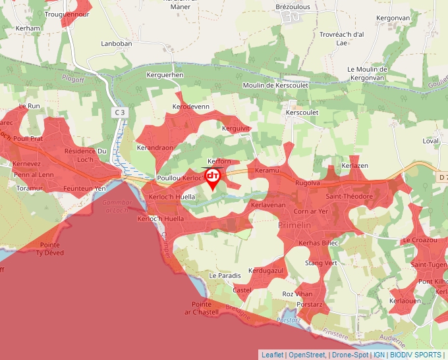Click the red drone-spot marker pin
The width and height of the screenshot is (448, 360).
tap(213, 178)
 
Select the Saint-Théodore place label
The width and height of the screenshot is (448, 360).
tap(350, 196)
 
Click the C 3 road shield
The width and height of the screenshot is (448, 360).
tap(119, 113)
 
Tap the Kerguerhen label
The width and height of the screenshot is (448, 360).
tap(165, 76)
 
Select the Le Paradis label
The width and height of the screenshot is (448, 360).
tap(222, 274)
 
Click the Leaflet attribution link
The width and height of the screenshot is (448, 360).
tap(272, 355)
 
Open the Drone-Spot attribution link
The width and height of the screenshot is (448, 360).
tap(349, 355)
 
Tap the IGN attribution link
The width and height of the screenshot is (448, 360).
tap(379, 355)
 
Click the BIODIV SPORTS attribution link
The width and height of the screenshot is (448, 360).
tap(416, 355)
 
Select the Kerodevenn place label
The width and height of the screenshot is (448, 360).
tap(190, 106)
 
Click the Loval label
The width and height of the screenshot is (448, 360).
tap(431, 141)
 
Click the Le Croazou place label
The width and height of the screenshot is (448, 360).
tap(420, 240)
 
